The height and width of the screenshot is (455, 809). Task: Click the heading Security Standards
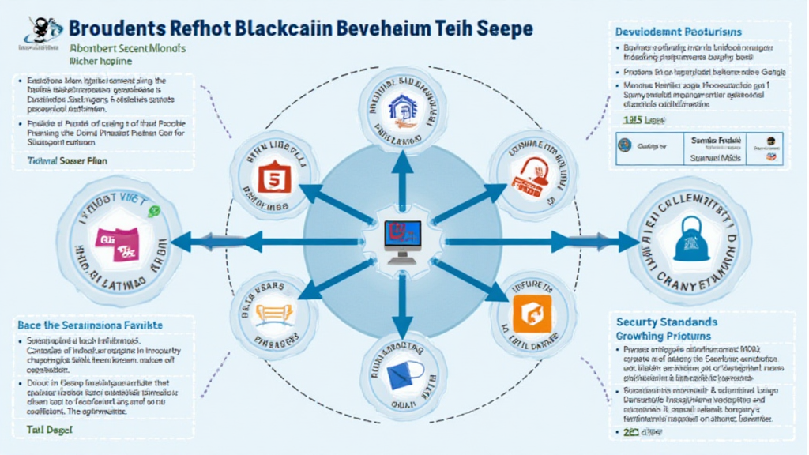point(668,322)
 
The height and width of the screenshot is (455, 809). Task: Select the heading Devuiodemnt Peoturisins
point(677,31)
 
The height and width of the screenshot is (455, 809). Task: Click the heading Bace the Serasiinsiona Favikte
point(90,325)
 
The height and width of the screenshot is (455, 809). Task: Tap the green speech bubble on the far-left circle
point(155,211)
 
